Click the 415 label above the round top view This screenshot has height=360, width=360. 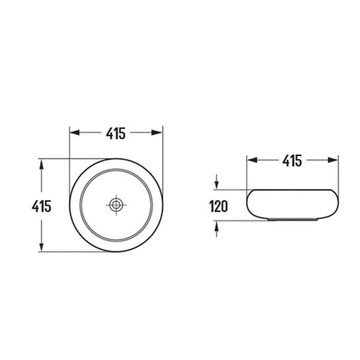tap(116, 133)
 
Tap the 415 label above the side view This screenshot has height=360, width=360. tap(292, 160)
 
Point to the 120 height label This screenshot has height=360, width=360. tap(218, 207)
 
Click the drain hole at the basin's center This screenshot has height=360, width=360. tap(116, 205)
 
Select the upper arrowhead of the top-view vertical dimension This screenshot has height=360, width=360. tap(41, 164)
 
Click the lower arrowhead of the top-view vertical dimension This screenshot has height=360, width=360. tap(41, 247)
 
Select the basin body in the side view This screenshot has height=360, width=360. tap(292, 204)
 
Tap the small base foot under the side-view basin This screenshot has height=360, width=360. tap(292, 220)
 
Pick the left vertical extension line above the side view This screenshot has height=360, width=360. tap(247, 174)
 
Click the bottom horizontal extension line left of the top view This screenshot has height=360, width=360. tap(72, 252)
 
